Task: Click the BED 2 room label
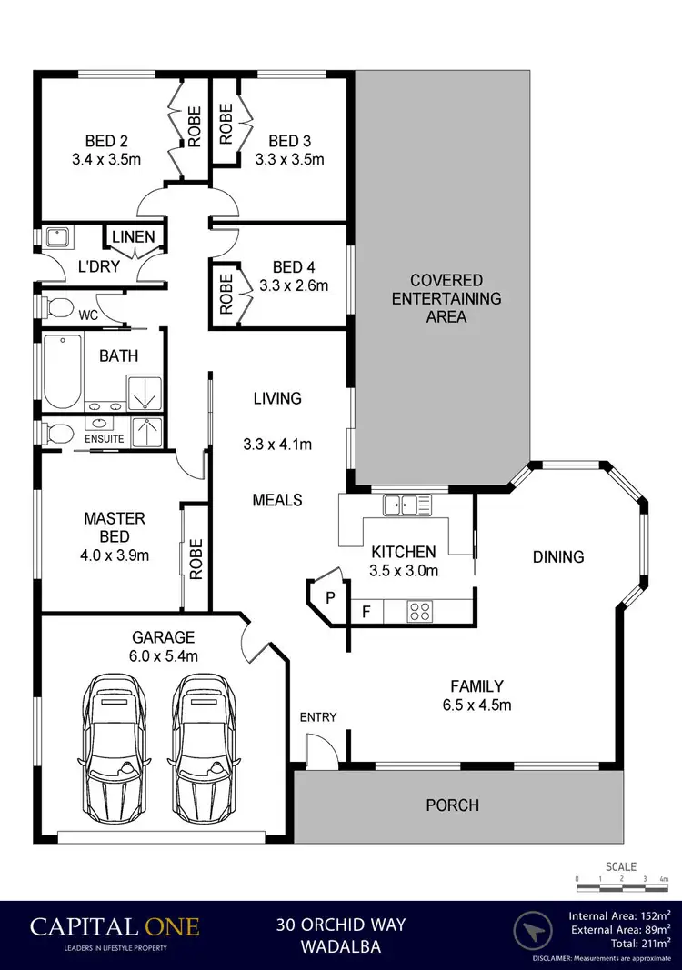(106, 141)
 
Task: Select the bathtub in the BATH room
(62, 372)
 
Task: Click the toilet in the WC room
(56, 307)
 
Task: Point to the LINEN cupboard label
(133, 237)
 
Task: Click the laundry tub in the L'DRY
(57, 238)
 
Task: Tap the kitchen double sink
(407, 505)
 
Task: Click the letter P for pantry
(330, 598)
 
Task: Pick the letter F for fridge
(367, 611)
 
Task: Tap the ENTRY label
(318, 717)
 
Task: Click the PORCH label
(452, 805)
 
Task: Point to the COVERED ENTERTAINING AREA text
(446, 298)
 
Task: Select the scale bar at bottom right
(622, 880)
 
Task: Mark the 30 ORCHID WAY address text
(341, 925)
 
